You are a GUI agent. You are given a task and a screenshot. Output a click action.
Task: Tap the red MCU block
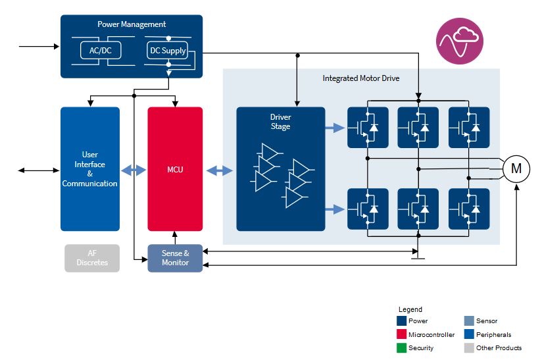[175, 169]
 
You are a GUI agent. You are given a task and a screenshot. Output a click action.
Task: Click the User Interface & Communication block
[90, 169]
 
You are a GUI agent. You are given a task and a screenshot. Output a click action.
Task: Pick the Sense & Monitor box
[175, 258]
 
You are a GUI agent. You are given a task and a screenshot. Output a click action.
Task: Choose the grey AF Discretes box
[92, 258]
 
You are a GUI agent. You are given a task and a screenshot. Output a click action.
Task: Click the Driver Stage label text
[280, 122]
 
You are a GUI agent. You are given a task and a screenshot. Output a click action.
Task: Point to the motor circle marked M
[516, 169]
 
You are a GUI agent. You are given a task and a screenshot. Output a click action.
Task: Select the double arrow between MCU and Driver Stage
[220, 170]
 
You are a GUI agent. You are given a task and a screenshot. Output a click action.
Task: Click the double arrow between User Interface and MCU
[134, 170]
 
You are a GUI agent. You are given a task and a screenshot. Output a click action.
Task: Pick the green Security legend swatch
[401, 347]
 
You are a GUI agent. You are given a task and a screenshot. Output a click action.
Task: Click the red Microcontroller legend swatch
[401, 334]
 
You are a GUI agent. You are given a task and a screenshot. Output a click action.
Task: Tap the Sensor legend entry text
[487, 321]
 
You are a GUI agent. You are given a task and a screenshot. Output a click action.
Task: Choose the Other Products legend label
[499, 347]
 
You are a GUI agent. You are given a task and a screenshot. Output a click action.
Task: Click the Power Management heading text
[132, 24]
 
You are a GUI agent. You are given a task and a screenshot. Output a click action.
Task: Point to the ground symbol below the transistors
[417, 257]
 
